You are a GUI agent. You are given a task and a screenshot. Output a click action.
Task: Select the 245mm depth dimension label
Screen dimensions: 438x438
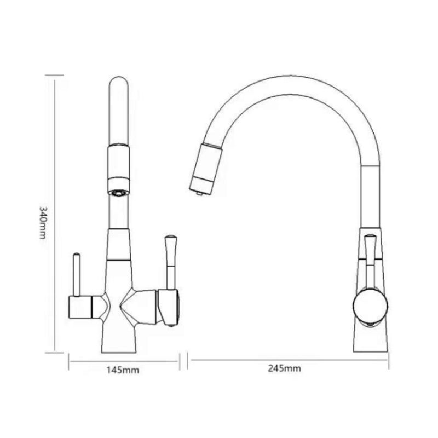(285, 368)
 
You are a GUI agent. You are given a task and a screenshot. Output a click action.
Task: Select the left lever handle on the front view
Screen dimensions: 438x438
(77, 273)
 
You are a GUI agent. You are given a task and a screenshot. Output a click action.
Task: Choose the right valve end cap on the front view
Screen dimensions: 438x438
(169, 307)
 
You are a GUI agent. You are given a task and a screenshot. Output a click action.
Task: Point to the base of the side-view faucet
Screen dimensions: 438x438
(370, 339)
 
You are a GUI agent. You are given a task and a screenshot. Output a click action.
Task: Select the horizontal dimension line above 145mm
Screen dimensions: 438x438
(124, 360)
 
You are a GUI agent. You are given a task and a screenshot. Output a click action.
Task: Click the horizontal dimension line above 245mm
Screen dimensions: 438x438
(288, 360)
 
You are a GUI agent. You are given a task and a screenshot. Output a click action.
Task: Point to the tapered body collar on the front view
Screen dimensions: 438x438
(119, 244)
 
